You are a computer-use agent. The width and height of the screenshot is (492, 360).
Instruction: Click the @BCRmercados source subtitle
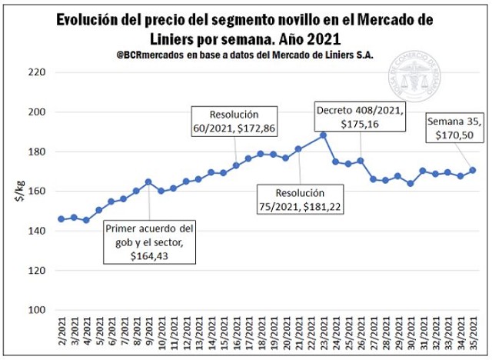244,55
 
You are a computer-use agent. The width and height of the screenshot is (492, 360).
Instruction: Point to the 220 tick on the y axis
37,72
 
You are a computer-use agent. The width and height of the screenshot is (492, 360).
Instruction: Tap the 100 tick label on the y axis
37,310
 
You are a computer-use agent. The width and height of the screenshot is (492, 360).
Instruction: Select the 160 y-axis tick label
37,192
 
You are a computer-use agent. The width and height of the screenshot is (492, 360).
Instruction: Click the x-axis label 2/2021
61,336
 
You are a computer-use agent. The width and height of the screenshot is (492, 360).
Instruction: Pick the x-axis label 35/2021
473,336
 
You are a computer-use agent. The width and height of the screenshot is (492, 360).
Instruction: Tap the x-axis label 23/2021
323,336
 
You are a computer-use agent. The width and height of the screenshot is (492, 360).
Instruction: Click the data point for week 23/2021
323,135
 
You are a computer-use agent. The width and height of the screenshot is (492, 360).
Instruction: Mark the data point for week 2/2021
61,219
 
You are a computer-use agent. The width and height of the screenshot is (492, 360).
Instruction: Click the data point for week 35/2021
473,170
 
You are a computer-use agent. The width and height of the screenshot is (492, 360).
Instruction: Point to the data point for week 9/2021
148,182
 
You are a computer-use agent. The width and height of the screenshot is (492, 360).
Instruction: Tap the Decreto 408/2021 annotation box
360,117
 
